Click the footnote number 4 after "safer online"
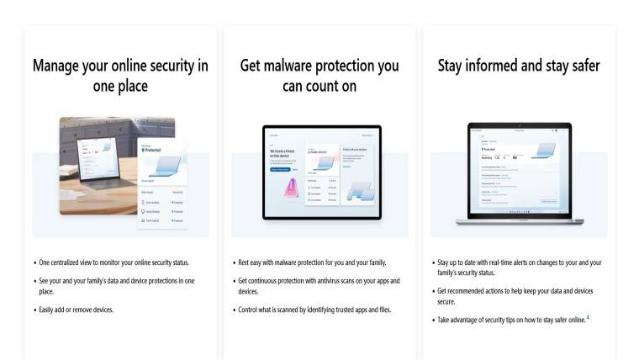point(588,316)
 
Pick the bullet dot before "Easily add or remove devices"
point(34,310)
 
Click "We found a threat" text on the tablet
point(281,152)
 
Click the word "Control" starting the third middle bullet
point(249,310)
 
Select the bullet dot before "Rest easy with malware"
point(233,263)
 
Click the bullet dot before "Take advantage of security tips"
point(432,320)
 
